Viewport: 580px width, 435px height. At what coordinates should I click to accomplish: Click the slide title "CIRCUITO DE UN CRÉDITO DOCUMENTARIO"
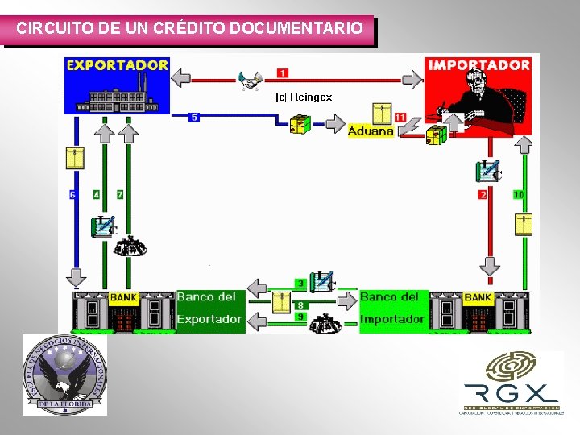coord(189,29)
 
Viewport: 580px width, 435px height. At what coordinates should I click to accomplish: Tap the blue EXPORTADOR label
coord(118,64)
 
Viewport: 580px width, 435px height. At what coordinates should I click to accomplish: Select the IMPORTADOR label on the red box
coord(479,64)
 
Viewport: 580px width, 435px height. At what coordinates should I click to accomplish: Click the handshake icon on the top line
coord(251,80)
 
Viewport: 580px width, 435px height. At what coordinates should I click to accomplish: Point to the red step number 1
coord(283,73)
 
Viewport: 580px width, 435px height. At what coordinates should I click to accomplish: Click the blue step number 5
coord(194,118)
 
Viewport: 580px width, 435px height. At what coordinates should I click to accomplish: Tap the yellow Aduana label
coord(371,130)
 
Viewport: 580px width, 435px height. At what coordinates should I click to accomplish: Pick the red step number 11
coord(400,118)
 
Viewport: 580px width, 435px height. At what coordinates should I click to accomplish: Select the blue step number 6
coord(72,195)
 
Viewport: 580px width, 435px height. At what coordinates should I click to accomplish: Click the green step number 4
coord(97,195)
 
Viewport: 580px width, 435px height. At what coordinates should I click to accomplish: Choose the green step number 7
coord(120,195)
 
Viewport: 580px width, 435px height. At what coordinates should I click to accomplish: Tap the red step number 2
coord(483,195)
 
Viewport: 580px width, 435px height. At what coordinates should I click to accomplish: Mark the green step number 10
coord(518,195)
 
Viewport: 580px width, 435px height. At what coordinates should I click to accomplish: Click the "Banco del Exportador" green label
coord(209,309)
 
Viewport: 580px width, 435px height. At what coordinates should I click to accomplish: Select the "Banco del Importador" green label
coord(392,309)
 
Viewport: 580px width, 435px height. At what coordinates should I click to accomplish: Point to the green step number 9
coord(300,317)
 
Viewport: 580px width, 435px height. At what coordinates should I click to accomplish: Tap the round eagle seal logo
coord(64,375)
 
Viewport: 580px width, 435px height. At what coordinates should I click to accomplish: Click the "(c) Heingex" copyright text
coord(304,97)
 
